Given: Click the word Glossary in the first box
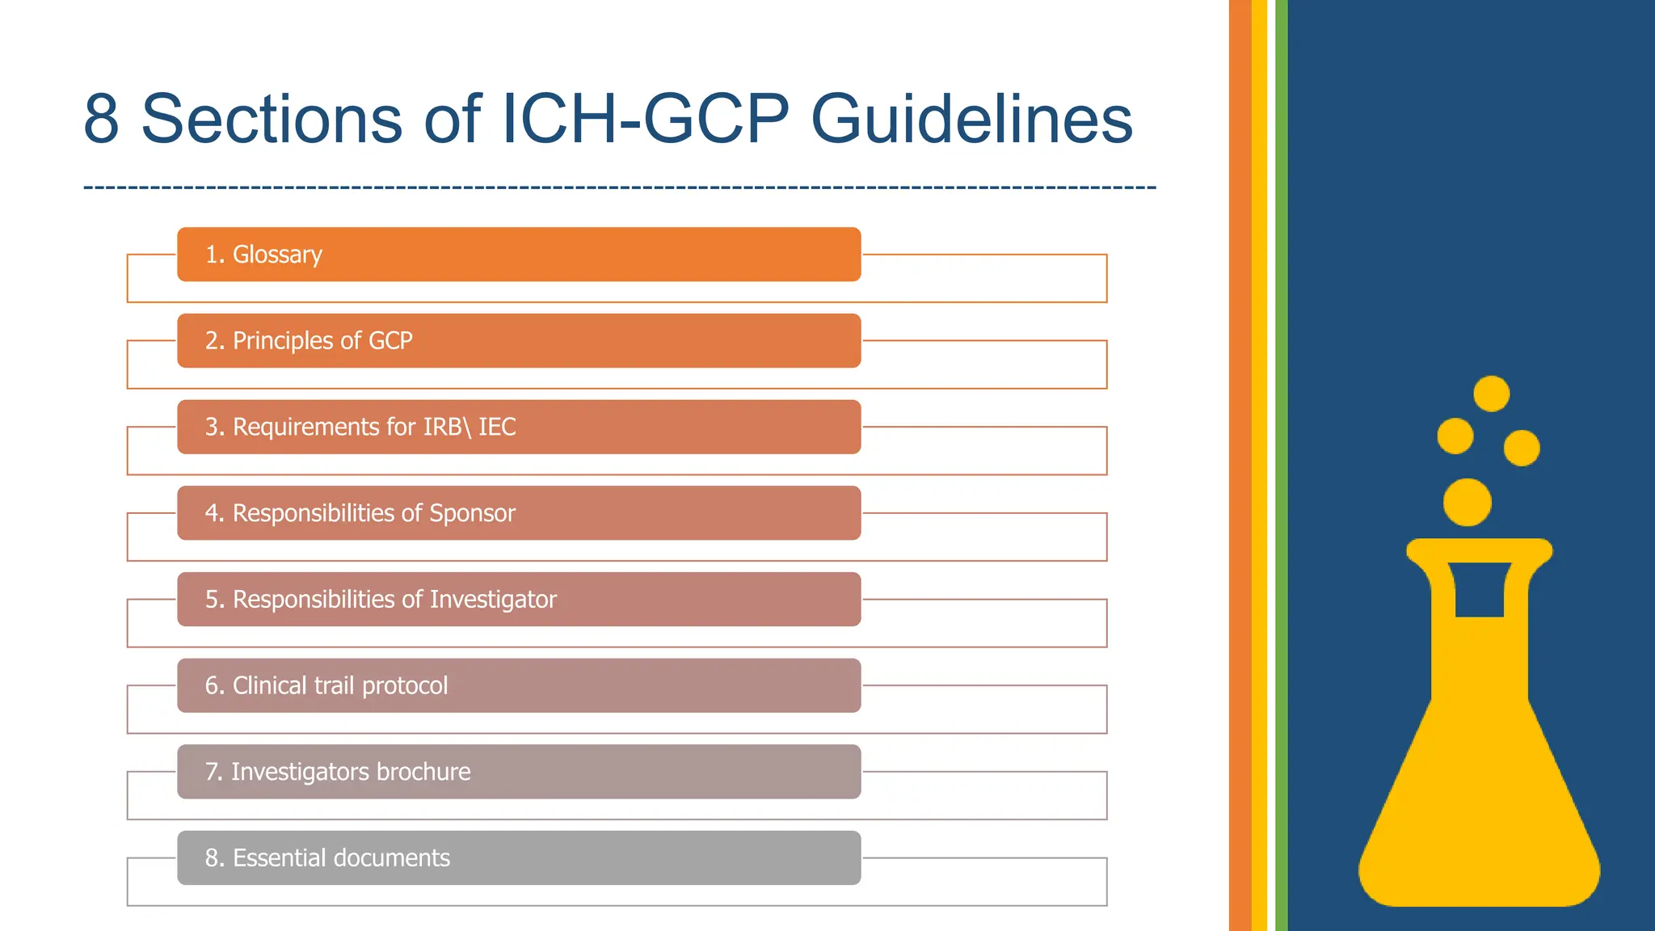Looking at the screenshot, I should pyautogui.click(x=277, y=255).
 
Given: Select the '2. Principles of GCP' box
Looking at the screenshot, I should pyautogui.click(x=519, y=341).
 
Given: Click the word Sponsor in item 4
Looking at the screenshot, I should pyautogui.click(x=472, y=513).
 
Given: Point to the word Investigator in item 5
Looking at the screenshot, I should pyautogui.click(x=493, y=600).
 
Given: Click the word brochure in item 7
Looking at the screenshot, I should pyautogui.click(x=423, y=772).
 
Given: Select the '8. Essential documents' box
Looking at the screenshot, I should pyautogui.click(x=519, y=857).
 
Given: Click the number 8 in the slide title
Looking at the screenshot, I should pyautogui.click(x=102, y=120).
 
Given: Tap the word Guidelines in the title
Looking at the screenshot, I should pyautogui.click(x=971, y=120).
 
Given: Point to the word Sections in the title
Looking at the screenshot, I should pyautogui.click(x=272, y=120).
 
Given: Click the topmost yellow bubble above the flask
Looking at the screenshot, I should pyautogui.click(x=1491, y=394).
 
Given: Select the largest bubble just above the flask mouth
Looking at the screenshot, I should pyautogui.click(x=1467, y=502).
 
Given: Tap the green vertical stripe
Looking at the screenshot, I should pyautogui.click(x=1281, y=465).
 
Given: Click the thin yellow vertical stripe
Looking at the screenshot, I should pyautogui.click(x=1259, y=465).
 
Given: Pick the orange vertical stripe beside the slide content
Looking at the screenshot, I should pyautogui.click(x=1240, y=465).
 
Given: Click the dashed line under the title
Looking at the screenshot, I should pyautogui.click(x=620, y=187).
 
